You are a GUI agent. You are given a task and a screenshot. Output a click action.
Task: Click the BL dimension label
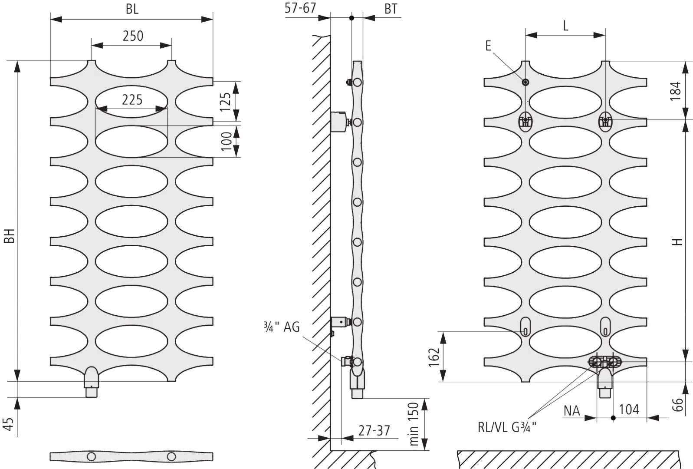pos(132,9)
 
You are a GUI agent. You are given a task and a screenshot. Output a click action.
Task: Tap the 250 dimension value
pos(133,36)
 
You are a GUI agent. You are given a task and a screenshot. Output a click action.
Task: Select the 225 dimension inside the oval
pos(132,100)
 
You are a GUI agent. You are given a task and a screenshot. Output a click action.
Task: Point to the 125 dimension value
pos(226,102)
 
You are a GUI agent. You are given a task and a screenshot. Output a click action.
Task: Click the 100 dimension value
pos(227,141)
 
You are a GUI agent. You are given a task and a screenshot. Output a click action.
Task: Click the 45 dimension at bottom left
pos(8,424)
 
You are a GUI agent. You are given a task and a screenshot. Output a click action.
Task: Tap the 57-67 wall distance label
pos(300,8)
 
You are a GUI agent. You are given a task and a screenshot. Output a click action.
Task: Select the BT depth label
pos(391,9)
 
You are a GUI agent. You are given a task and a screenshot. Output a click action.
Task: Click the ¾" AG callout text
pos(282,327)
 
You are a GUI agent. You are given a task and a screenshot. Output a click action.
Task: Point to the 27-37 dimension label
pos(374,430)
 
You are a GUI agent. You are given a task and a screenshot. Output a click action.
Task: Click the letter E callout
pos(488,46)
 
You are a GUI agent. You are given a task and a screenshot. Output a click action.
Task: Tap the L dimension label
pos(565,26)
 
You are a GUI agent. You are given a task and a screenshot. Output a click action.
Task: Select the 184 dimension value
pos(676,91)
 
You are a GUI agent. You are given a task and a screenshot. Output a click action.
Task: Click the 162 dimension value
pos(434,357)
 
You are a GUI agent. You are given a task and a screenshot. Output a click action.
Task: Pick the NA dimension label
pos(572,411)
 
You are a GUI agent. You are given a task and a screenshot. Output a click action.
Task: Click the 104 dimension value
pos(629,410)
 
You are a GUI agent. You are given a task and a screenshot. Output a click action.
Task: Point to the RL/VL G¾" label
pos(507,427)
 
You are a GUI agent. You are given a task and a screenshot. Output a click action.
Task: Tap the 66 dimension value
pos(677,405)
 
